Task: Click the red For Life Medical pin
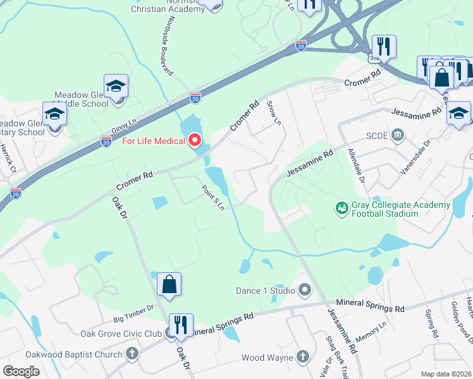[x=195, y=140]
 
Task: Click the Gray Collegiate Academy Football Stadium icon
[x=342, y=207]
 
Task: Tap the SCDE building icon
[x=397, y=135]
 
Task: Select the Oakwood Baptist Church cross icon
[x=132, y=354]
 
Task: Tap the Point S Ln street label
[x=213, y=197]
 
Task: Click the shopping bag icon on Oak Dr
[x=169, y=285]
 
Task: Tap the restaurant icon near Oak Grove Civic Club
[x=181, y=325]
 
